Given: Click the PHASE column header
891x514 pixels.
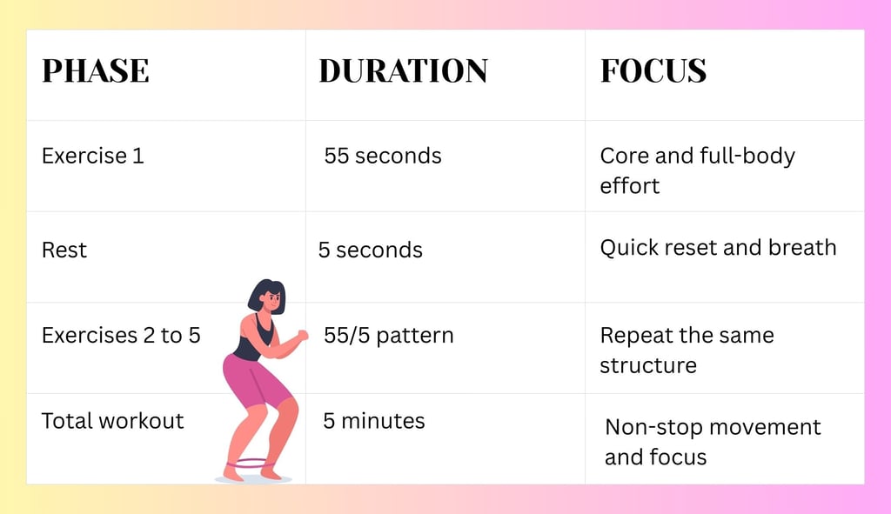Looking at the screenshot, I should [x=96, y=71].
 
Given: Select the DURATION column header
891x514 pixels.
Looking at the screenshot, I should [x=403, y=71].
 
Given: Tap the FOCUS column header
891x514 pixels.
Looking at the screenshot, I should [x=653, y=71].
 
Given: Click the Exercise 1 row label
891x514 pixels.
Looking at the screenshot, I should [x=93, y=157].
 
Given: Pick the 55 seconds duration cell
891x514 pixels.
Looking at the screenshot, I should [x=383, y=157].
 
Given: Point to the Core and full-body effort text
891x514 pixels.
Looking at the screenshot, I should [x=697, y=170].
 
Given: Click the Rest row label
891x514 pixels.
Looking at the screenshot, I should [x=64, y=250].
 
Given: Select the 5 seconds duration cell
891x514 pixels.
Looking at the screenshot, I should [x=370, y=250].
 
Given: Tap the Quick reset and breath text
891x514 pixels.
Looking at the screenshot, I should [x=718, y=247].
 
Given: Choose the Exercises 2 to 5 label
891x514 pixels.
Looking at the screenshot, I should [x=121, y=335].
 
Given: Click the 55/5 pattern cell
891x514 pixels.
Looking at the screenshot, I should [x=388, y=335].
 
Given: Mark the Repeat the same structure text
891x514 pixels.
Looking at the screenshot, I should [x=687, y=350].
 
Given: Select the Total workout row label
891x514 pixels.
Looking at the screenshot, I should [x=113, y=421].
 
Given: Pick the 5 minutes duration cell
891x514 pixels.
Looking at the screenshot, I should [x=374, y=421].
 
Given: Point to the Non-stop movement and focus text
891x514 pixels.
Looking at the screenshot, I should [x=713, y=442].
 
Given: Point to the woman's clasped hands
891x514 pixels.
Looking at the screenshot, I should [x=301, y=335].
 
